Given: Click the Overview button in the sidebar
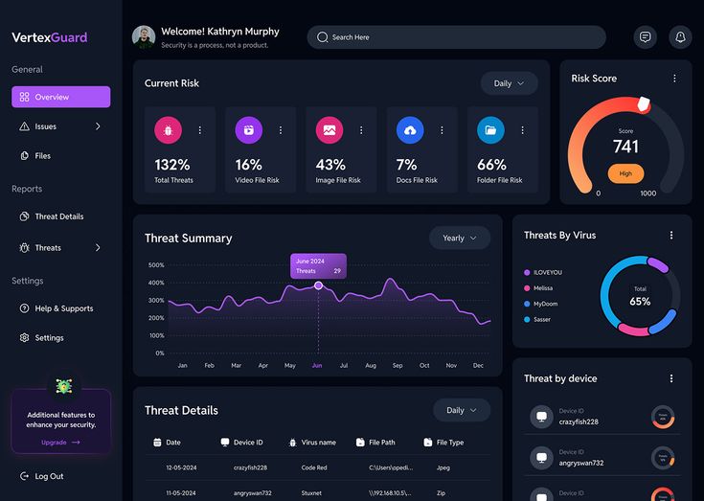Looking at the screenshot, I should coord(60,97).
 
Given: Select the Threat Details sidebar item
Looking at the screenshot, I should coord(58,216).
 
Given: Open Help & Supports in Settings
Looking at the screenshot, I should coord(63,308).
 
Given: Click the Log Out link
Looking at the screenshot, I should coord(48,476).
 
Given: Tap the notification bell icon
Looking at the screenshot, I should coord(680,37).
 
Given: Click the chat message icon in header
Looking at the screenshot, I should coord(646,37).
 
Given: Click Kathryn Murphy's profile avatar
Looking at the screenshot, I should coord(144,37).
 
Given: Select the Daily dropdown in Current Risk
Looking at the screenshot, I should coord(509,83).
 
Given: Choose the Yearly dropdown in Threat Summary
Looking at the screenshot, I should coord(460,239).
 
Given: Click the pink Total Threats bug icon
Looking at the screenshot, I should coord(168,129).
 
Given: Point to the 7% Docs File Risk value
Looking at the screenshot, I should coord(407,165).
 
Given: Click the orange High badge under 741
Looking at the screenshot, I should coord(625,173).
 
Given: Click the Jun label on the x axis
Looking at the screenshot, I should coord(317,366).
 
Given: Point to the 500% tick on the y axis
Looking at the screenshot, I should coord(156,265).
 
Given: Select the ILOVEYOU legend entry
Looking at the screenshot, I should coord(547,272).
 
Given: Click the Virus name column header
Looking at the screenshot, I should coord(318,443).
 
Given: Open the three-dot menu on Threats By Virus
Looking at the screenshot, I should coord(671,235).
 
